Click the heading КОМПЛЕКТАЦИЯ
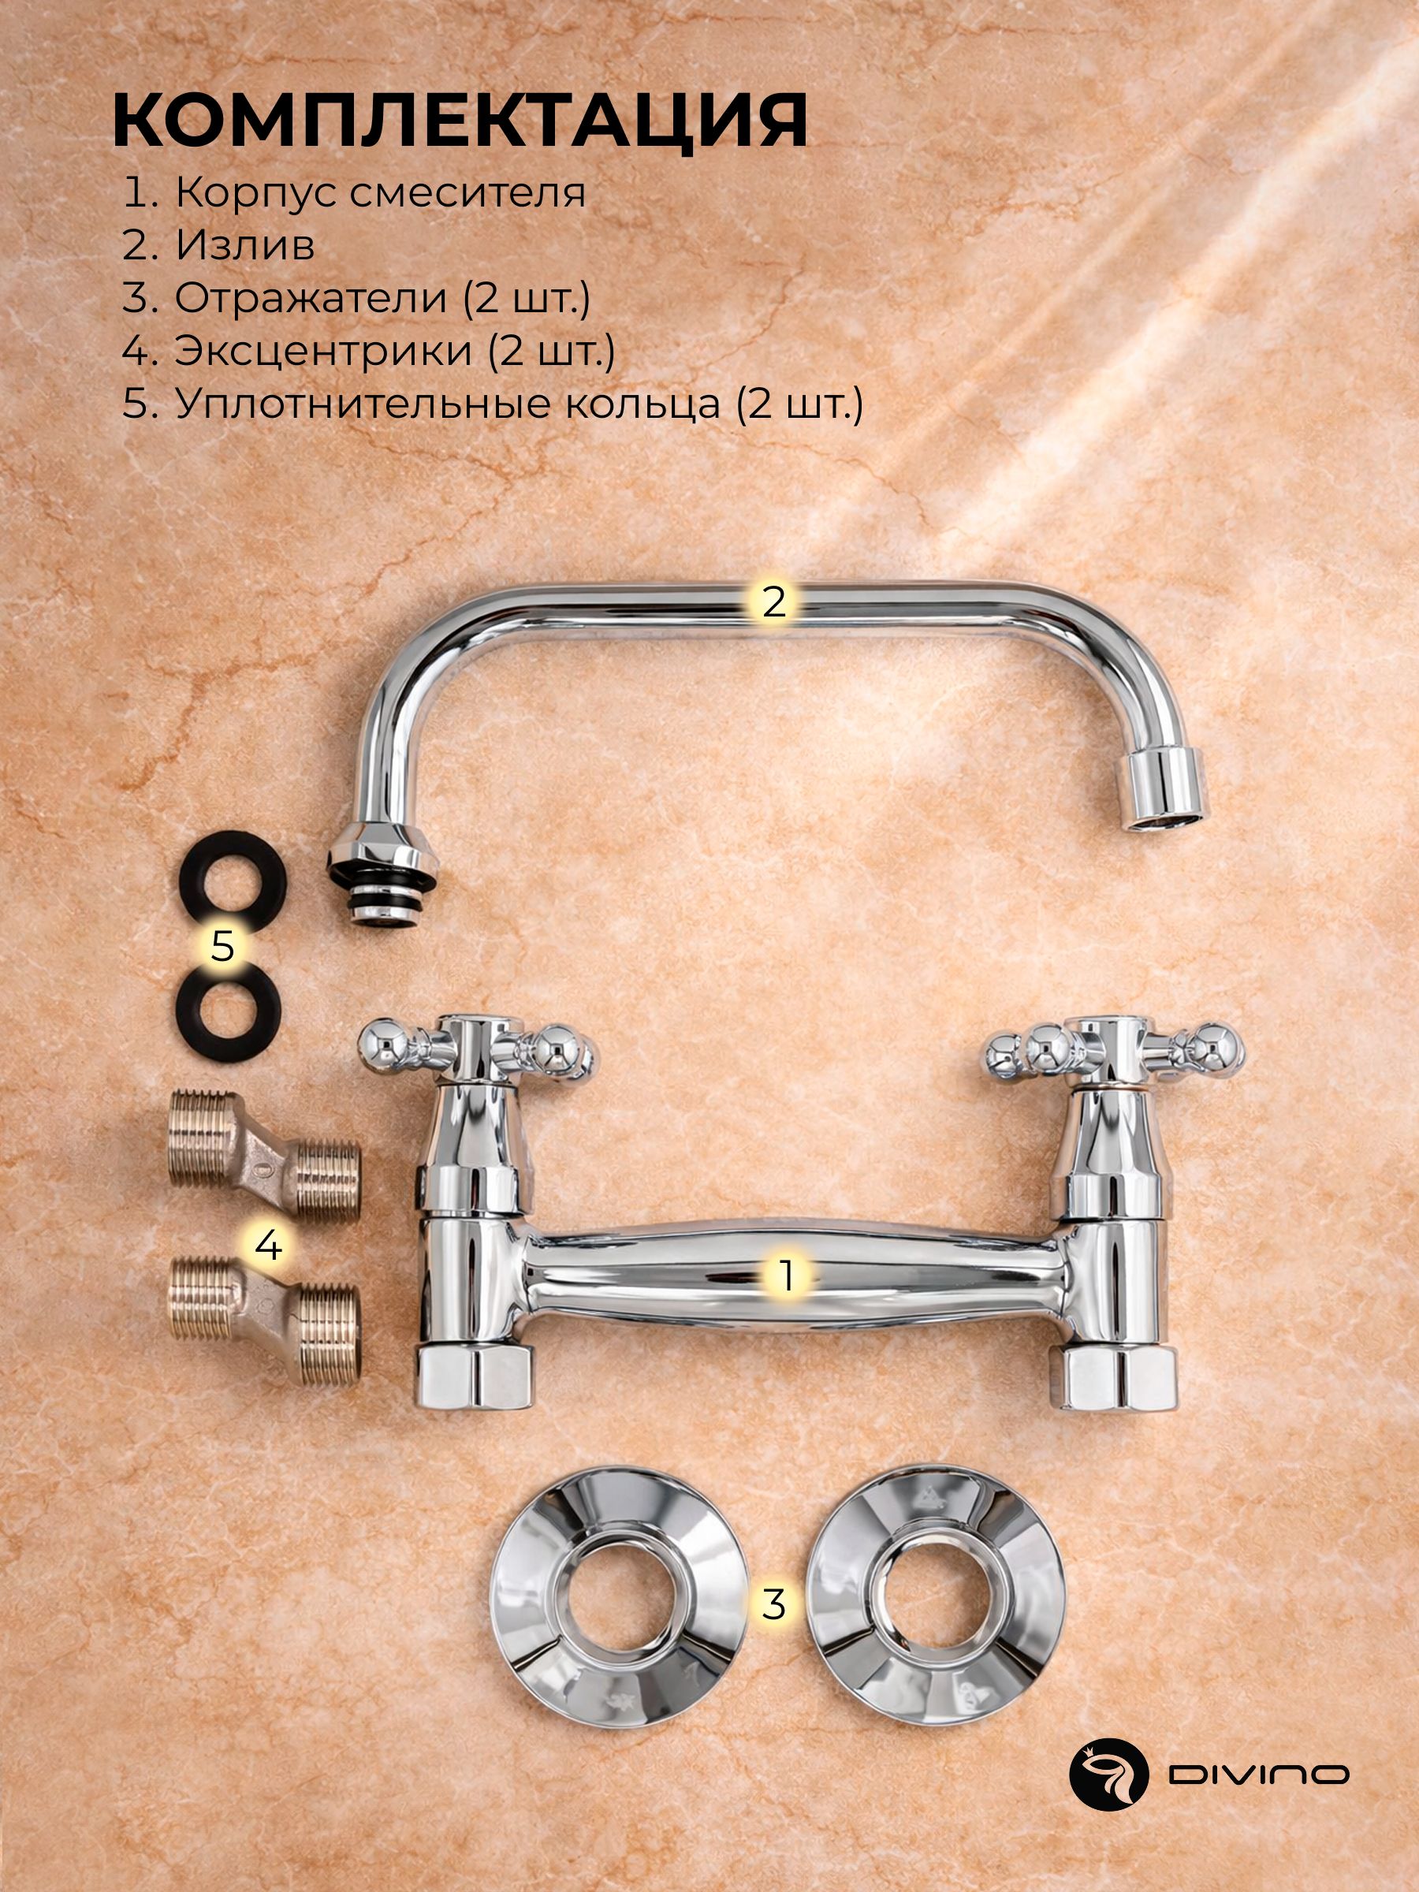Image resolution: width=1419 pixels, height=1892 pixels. pos(460,122)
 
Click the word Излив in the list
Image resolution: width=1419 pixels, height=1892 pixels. pos(244,246)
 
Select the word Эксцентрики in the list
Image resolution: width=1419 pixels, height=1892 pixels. pos(324,352)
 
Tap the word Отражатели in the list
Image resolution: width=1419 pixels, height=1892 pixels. pos(311,299)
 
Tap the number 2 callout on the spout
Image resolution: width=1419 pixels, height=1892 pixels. pos(773,602)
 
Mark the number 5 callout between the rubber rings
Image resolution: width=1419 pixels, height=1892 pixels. pos(222,947)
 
